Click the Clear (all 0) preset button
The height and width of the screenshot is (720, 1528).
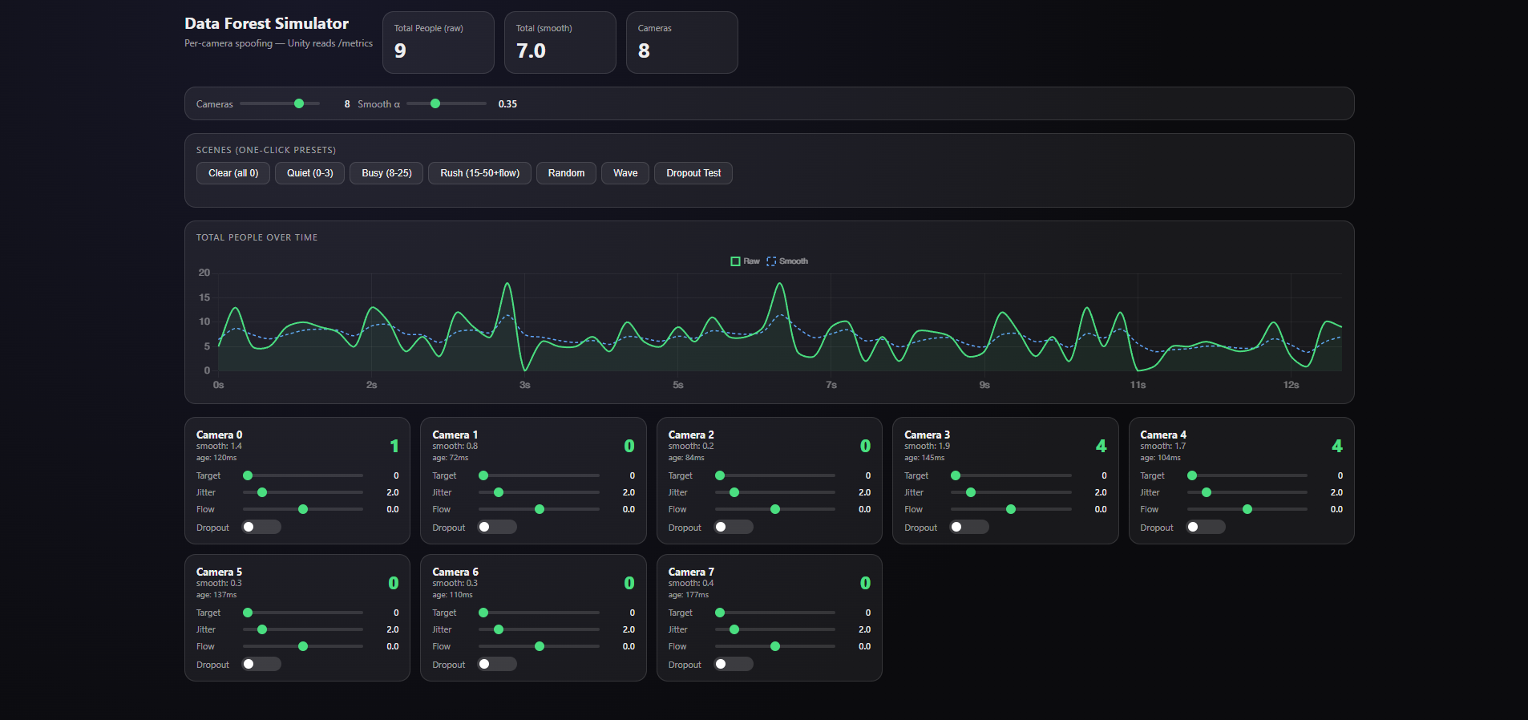pyautogui.click(x=233, y=173)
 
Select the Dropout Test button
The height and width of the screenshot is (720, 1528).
pyautogui.click(x=693, y=173)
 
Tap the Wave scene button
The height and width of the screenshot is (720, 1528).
pyautogui.click(x=625, y=173)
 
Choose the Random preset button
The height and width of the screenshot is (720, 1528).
pyautogui.click(x=566, y=173)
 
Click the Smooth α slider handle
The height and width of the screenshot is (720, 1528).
pyautogui.click(x=435, y=103)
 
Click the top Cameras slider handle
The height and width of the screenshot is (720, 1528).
pyautogui.click(x=299, y=103)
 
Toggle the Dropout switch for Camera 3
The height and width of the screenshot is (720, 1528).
pyautogui.click(x=968, y=527)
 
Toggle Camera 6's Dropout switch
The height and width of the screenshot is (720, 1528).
pyautogui.click(x=497, y=664)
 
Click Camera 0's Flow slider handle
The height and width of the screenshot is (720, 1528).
pyautogui.click(x=303, y=509)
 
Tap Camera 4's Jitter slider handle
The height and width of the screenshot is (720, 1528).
pyautogui.click(x=1207, y=492)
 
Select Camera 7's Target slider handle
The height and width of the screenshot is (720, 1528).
pyautogui.click(x=720, y=613)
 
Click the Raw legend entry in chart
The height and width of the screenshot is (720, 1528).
pyautogui.click(x=746, y=261)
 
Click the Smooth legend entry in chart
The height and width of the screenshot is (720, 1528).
pyautogui.click(x=787, y=261)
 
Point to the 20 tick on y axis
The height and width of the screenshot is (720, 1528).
pyautogui.click(x=204, y=273)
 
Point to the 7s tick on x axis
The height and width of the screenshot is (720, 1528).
pyautogui.click(x=831, y=385)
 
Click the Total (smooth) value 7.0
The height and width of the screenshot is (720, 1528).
pyautogui.click(x=531, y=51)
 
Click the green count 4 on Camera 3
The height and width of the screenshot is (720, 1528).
pyautogui.click(x=1101, y=446)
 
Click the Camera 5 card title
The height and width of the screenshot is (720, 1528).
pyautogui.click(x=219, y=572)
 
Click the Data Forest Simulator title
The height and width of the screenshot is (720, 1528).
pyautogui.click(x=266, y=23)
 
